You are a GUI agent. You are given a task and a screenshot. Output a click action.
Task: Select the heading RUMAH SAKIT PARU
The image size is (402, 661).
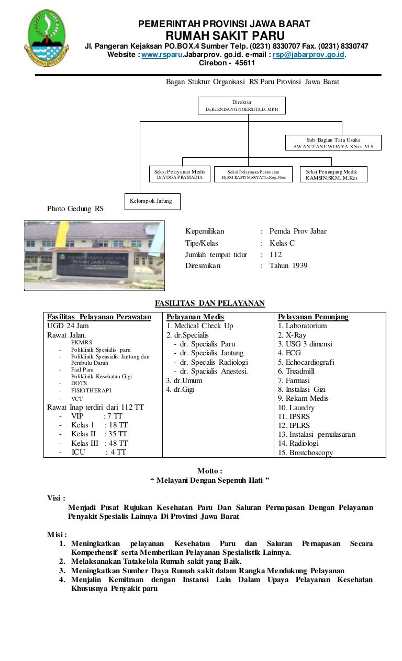click(225, 36)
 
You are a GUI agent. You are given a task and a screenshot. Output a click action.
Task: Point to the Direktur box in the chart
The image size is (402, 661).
click(242, 105)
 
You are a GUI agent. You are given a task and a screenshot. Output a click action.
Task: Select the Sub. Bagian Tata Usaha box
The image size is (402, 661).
click(333, 143)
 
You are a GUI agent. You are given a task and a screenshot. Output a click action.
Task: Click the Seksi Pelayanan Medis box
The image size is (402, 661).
click(179, 174)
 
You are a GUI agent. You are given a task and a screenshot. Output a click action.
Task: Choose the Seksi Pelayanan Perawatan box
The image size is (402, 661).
click(253, 174)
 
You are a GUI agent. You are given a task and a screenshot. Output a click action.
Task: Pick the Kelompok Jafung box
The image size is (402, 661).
click(152, 201)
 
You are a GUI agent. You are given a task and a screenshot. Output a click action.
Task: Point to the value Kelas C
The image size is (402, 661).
click(282, 243)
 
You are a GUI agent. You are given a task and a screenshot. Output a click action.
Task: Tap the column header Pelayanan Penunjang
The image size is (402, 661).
click(313, 317)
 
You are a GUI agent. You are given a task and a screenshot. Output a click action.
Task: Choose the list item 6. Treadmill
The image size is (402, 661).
click(296, 371)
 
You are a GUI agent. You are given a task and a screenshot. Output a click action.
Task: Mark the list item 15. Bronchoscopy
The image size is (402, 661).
click(305, 453)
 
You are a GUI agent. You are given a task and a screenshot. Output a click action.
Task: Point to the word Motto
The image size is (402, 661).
click(209, 471)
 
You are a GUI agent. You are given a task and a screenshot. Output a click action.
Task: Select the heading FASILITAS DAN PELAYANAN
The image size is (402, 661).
click(210, 303)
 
